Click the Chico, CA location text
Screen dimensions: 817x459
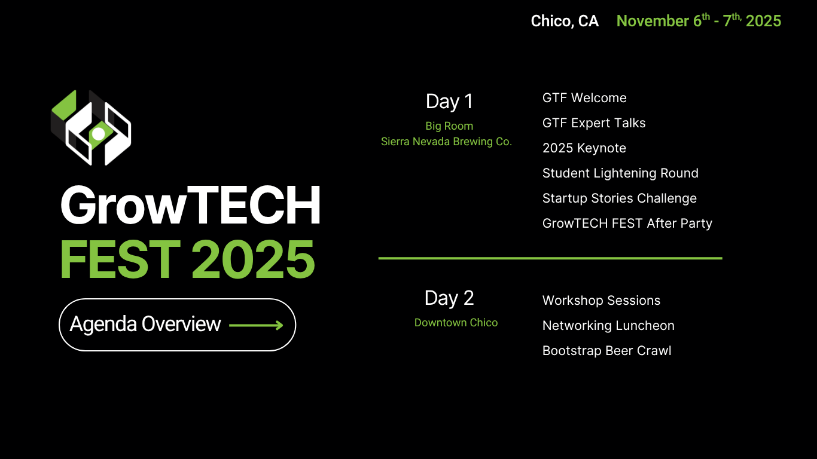point(565,21)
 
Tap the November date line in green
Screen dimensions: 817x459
point(699,20)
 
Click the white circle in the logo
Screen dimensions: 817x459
point(99,134)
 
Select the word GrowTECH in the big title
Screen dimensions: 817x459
point(190,205)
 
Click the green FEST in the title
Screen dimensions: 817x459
point(120,259)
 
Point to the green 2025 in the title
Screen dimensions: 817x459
point(253,259)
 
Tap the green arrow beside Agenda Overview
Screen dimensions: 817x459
point(256,325)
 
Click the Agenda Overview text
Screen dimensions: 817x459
point(145,324)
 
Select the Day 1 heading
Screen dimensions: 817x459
point(449,102)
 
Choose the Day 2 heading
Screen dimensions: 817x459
point(449,298)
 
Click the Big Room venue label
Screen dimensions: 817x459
point(449,126)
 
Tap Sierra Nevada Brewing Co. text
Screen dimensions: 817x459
point(446,142)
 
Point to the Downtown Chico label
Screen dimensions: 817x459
point(456,323)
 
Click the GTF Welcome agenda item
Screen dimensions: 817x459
point(584,97)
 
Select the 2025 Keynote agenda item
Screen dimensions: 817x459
point(584,148)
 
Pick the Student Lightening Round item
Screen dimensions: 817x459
point(620,173)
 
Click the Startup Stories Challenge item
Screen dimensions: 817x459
point(620,198)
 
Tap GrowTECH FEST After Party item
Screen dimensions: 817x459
point(627,223)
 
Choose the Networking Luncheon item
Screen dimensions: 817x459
point(608,326)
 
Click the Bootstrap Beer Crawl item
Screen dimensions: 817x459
point(607,351)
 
